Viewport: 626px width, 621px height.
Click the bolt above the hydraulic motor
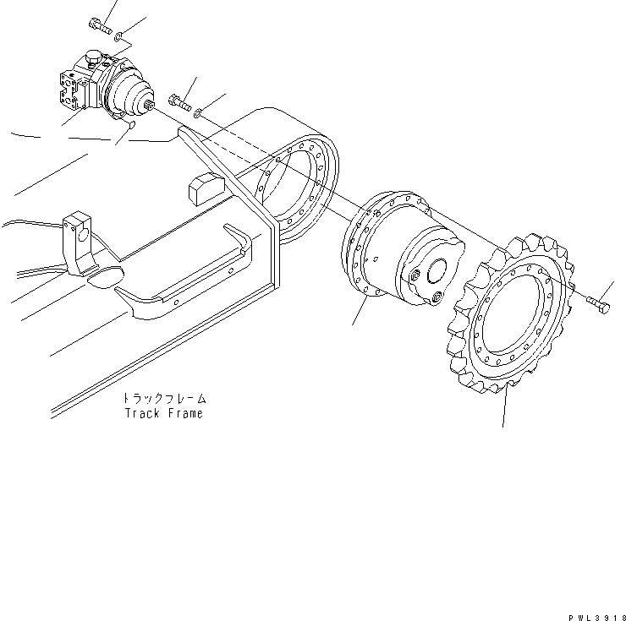click(x=99, y=25)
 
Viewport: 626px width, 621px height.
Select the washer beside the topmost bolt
click(x=120, y=35)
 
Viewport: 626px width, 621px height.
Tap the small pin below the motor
click(x=129, y=125)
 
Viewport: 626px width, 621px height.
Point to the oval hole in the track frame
click(x=106, y=276)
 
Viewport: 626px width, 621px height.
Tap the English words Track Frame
click(x=163, y=414)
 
